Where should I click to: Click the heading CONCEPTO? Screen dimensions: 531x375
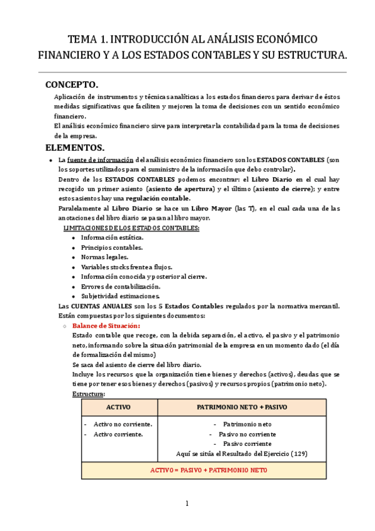pos(72,85)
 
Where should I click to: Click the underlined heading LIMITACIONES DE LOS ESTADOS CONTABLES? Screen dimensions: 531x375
pos(132,228)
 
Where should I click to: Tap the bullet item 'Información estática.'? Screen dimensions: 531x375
pos(112,237)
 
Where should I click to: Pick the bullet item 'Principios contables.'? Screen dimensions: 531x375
pos(112,247)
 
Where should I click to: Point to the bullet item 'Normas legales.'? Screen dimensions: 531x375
pos(105,257)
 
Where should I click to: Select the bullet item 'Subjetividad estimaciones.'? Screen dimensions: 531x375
pos(120,296)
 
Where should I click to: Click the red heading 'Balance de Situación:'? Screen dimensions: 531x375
pos(106,326)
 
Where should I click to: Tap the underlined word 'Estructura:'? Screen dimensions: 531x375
pos(89,394)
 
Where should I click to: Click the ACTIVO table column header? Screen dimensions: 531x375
pos(119,407)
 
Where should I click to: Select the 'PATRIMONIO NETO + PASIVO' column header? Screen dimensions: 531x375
pos(242,407)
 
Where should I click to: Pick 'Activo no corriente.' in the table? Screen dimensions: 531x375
pos(122,424)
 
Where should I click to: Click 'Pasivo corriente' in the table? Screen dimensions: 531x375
pos(242,443)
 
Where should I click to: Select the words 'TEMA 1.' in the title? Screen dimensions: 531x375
pos(90,39)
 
